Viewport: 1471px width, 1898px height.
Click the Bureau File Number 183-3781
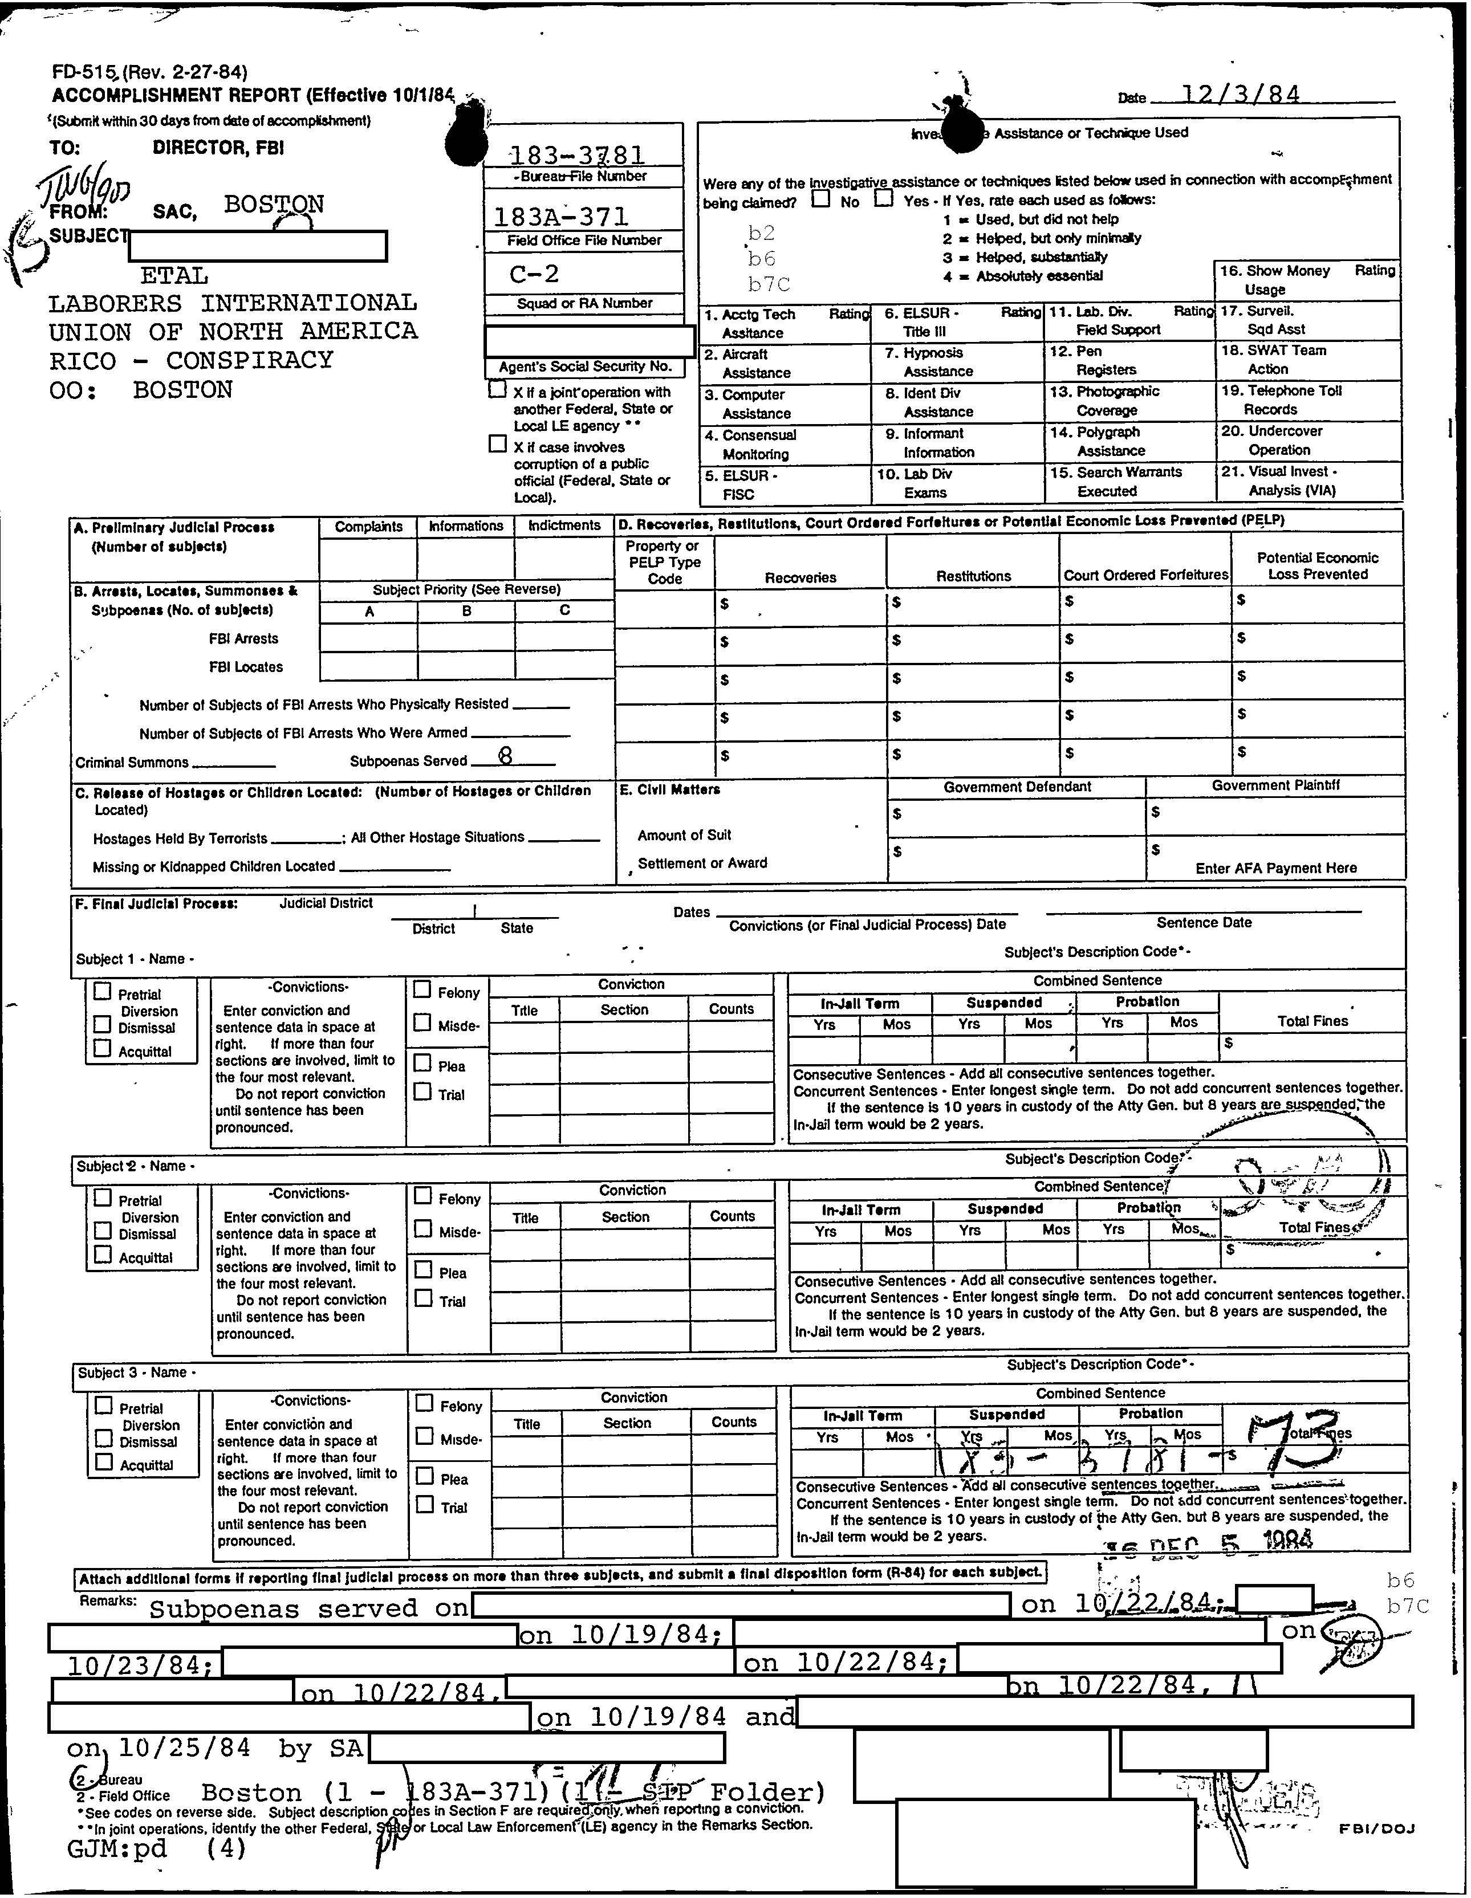pos(576,154)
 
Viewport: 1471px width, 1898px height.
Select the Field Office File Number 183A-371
pos(561,215)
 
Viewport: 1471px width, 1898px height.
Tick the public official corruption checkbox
pos(497,444)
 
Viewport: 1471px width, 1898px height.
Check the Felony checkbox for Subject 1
pos(422,988)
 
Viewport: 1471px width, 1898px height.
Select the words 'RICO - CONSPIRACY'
pos(191,360)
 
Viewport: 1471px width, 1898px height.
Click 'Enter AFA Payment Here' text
pos(1275,867)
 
